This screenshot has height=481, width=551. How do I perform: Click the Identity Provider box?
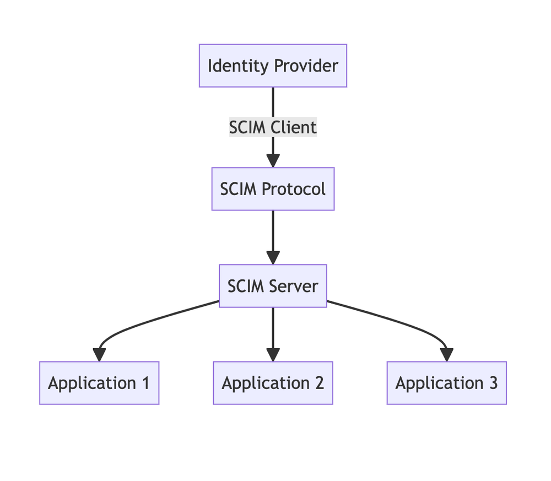pyautogui.click(x=273, y=66)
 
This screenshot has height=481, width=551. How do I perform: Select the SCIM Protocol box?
pyautogui.click(x=273, y=189)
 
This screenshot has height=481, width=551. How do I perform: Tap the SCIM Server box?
pyautogui.click(x=273, y=286)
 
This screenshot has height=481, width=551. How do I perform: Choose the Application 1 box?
pyautogui.click(x=99, y=383)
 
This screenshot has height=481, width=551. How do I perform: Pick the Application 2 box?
pyautogui.click(x=273, y=383)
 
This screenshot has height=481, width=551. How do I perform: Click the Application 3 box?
pyautogui.click(x=446, y=383)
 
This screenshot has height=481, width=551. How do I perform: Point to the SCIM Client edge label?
pyautogui.click(x=273, y=127)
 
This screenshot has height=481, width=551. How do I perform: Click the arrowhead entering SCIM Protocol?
pyautogui.click(x=273, y=160)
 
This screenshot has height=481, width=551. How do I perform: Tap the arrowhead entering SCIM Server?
pyautogui.click(x=273, y=258)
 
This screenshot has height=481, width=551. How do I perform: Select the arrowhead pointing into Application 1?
pyautogui.click(x=99, y=355)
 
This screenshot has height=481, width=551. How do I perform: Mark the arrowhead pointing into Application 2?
pyautogui.click(x=273, y=355)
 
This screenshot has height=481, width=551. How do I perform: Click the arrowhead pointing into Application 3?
pyautogui.click(x=446, y=355)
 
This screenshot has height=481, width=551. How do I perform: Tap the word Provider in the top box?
pyautogui.click(x=306, y=66)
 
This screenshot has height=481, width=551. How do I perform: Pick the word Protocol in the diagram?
pyautogui.click(x=293, y=189)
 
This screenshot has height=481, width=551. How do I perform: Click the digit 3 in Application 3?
pyautogui.click(x=493, y=383)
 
